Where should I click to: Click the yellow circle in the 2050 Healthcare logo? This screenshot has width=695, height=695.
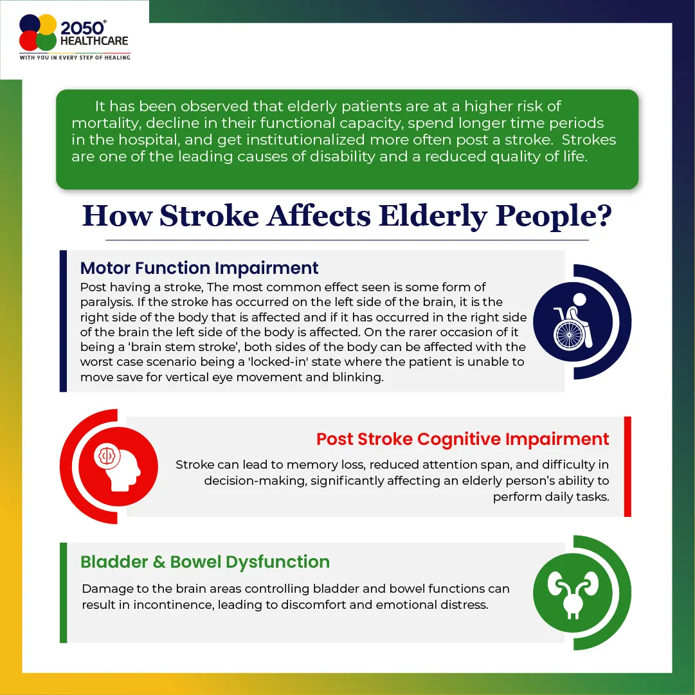[47, 24]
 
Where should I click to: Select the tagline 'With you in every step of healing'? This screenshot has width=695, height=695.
[75, 58]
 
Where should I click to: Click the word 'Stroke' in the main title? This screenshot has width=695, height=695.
[209, 216]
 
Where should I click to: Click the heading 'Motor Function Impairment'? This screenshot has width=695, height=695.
[199, 267]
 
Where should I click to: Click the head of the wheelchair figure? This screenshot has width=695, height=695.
[579, 300]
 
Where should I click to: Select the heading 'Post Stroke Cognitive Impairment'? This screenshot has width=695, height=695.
[463, 439]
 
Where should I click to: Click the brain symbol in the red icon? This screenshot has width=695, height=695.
[107, 455]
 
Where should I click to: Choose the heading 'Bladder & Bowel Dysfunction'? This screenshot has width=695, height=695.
[205, 561]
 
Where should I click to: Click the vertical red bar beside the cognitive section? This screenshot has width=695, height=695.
[627, 466]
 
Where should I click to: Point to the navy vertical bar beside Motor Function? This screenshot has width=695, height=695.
[64, 321]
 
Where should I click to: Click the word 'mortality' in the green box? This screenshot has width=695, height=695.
[106, 123]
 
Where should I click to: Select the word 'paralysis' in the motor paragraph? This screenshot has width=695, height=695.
[107, 302]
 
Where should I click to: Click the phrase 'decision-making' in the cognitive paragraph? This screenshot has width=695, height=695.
[256, 481]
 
